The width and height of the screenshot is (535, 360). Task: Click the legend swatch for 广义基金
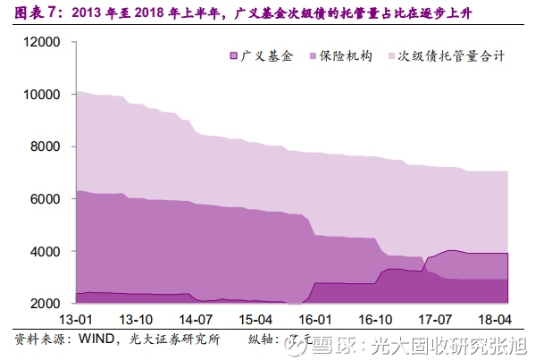235,56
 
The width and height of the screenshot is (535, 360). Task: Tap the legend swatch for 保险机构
313,56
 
